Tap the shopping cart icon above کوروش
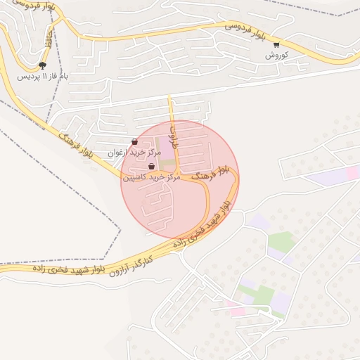[276, 45]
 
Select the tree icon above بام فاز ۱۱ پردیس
[44, 65]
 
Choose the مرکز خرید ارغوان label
[134, 152]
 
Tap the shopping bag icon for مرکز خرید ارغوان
[134, 142]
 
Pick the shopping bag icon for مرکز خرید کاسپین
[151, 167]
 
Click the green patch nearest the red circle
[281, 242]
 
